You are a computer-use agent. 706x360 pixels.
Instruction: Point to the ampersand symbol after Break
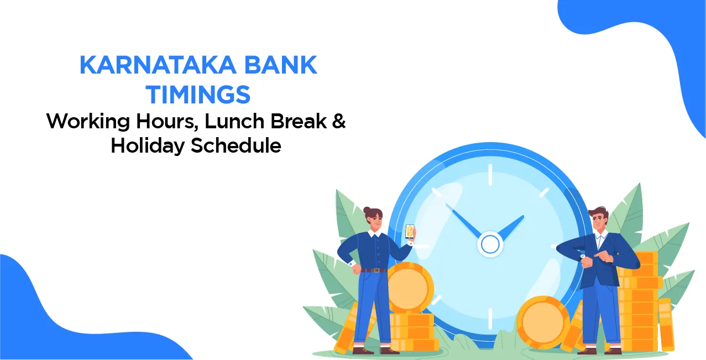pos(338,121)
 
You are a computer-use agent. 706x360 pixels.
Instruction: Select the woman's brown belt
pos(374,270)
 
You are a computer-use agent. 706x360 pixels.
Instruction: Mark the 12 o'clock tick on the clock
pos(490,175)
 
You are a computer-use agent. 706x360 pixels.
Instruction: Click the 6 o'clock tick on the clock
pos(490,318)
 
